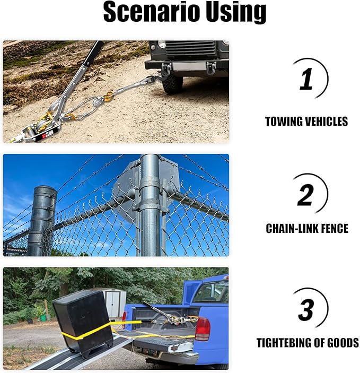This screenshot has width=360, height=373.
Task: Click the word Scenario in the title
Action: [151, 12]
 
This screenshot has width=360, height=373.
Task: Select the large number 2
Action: [305, 195]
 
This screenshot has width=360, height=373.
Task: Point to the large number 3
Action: [306, 309]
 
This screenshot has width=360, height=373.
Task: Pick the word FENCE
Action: [335, 228]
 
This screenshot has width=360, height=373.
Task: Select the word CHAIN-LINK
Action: [292, 228]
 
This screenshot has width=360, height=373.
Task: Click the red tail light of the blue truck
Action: [203, 329]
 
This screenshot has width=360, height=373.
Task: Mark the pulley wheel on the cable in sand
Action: [97, 102]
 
